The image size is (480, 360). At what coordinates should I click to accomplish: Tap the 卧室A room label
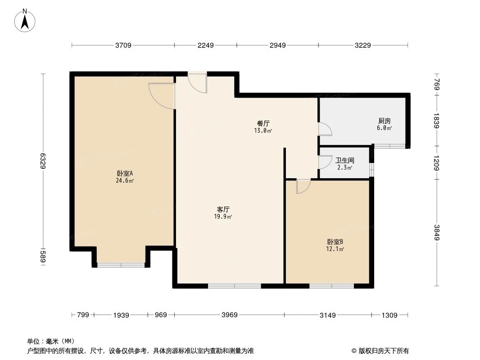tap(125, 173)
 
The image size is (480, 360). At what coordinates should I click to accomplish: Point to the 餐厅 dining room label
tap(263, 123)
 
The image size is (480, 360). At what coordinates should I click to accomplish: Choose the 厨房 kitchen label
tap(384, 121)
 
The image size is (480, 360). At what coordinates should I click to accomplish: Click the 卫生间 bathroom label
tap(345, 160)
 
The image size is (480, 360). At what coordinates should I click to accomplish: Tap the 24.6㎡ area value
tap(125, 180)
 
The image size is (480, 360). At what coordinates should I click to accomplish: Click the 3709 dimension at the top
tap(123, 45)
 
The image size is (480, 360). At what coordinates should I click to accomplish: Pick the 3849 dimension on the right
tap(436, 232)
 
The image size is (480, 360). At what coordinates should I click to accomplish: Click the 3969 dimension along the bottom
tap(229, 315)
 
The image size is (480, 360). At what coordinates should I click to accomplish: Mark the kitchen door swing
tap(325, 129)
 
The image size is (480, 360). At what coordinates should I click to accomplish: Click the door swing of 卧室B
tap(303, 186)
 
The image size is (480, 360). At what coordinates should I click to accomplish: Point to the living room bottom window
tap(235, 285)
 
